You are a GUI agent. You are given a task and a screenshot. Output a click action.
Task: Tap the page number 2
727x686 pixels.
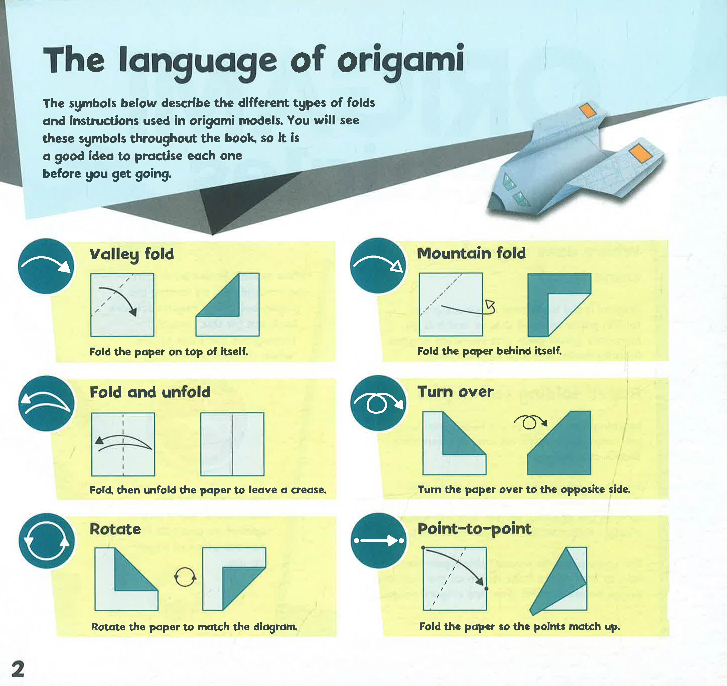click(18, 669)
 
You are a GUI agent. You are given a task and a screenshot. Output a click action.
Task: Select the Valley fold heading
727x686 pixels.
click(132, 254)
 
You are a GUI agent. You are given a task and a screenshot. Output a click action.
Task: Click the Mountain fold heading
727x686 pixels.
click(471, 253)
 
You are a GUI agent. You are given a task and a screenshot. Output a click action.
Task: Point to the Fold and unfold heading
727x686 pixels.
click(150, 392)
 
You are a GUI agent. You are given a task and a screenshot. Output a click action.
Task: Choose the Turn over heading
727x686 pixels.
click(455, 392)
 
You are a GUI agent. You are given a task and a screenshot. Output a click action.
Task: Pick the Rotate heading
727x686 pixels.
click(115, 529)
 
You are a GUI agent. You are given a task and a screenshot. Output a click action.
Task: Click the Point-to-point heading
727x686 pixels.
click(474, 529)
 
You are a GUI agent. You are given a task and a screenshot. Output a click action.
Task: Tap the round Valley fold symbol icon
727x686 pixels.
click(46, 266)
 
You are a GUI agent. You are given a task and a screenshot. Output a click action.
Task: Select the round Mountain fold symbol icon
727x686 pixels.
click(378, 265)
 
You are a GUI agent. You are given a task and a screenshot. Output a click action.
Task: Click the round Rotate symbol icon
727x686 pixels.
click(46, 541)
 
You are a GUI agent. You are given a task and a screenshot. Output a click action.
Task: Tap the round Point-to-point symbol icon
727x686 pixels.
click(378, 541)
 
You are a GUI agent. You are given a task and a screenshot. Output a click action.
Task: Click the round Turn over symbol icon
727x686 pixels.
click(378, 403)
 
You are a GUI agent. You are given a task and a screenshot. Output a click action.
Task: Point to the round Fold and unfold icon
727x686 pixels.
click(46, 403)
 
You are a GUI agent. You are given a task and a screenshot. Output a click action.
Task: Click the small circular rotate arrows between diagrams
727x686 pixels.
click(185, 577)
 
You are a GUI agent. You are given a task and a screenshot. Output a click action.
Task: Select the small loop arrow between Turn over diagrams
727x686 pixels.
click(530, 422)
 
